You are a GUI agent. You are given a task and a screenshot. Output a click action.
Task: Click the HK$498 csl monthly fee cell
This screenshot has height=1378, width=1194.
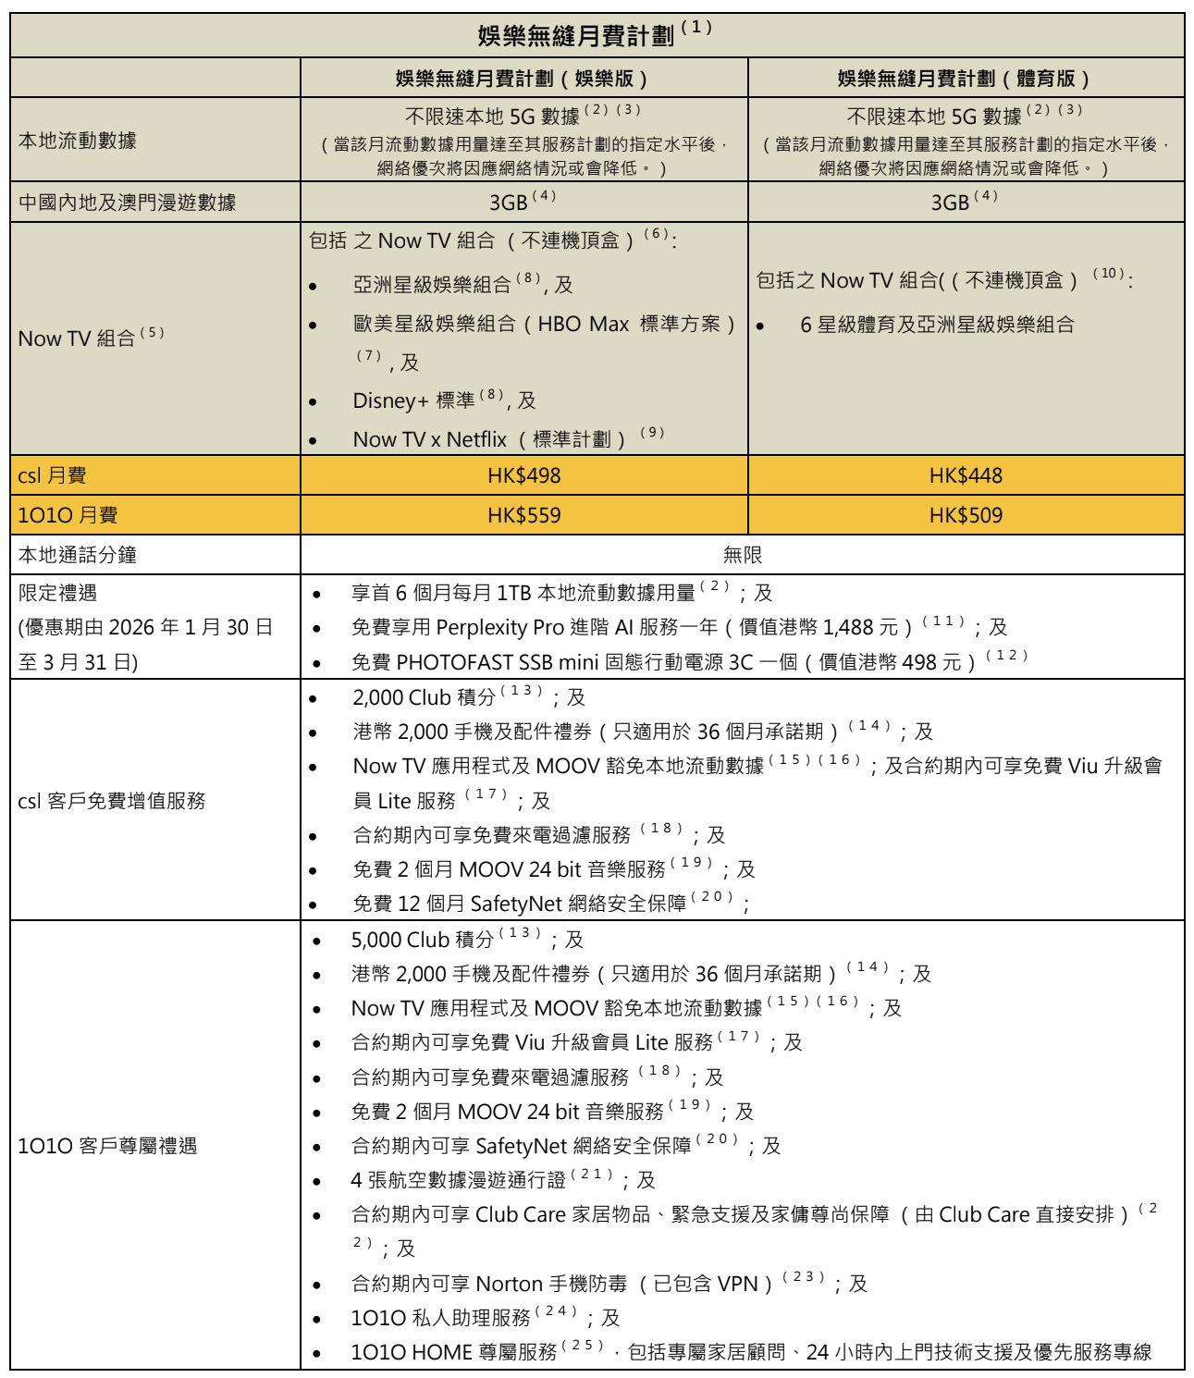click(523, 475)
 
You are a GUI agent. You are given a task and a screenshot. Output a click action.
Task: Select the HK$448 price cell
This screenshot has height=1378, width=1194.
click(966, 475)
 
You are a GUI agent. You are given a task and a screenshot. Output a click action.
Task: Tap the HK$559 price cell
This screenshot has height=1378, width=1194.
click(523, 515)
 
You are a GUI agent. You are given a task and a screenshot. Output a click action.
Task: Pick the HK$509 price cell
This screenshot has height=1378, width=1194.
click(966, 515)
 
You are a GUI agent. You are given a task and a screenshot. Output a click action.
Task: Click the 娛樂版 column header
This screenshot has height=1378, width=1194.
click(523, 79)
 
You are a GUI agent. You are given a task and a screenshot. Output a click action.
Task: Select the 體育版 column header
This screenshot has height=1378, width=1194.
click(966, 79)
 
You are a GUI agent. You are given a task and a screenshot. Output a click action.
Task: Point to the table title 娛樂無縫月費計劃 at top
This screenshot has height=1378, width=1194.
click(575, 36)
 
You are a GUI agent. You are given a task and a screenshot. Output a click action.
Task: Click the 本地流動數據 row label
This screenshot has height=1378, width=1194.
click(78, 141)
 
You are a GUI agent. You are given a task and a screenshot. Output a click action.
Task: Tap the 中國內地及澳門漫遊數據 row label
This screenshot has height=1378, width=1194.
click(128, 203)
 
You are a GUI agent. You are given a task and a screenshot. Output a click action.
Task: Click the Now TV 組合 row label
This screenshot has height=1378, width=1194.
click(78, 338)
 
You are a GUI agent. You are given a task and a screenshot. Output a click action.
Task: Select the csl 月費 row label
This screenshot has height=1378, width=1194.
click(53, 475)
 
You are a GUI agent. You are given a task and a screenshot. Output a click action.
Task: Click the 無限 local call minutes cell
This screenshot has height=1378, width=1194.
click(742, 555)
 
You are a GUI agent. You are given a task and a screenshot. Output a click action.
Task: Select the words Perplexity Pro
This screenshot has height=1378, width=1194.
click(499, 628)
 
